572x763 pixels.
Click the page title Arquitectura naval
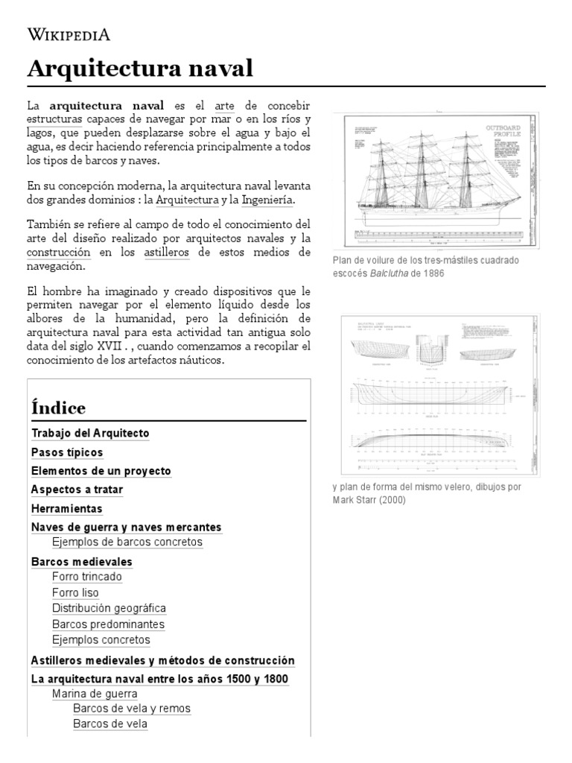coord(140,69)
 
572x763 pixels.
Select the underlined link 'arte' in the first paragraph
coord(223,105)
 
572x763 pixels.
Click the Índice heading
coord(58,408)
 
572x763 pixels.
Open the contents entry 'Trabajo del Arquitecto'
coord(90,433)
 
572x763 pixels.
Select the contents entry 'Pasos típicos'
coord(67,452)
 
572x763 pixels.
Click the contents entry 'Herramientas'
coord(67,509)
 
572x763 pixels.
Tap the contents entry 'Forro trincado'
coord(87,577)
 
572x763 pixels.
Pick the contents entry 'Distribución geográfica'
coord(109,608)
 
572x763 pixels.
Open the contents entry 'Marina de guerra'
coord(95,694)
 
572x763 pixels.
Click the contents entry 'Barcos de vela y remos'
coord(132,709)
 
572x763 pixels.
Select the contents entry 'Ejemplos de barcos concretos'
coord(127,542)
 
